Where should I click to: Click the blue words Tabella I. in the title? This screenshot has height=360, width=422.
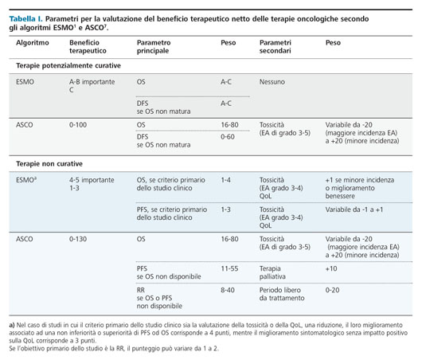point(25,19)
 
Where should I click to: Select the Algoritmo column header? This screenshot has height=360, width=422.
point(33,43)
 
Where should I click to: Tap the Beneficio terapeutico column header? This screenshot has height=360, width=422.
point(88,46)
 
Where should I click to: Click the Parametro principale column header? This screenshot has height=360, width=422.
point(154,46)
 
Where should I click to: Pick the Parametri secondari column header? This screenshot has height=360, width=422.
point(275,46)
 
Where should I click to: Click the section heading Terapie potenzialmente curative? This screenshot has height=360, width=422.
point(68,65)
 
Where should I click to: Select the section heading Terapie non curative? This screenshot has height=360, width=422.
point(49,164)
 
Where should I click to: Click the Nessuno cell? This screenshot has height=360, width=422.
point(272,82)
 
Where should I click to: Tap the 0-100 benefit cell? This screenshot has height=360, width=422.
point(78,125)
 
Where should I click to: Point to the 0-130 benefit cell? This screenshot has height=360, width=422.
point(78,239)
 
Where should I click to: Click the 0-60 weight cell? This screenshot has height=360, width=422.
point(228,137)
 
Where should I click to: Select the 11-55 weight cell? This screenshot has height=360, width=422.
point(229,268)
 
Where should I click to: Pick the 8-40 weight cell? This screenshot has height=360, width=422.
point(228,290)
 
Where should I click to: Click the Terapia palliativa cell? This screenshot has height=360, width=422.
point(272,272)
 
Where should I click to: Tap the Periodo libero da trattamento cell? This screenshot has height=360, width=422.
point(282,294)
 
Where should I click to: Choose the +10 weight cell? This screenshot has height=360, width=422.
point(331,268)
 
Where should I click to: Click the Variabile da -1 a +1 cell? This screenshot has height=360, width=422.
point(354,209)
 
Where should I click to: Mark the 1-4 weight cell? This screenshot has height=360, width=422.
point(225,180)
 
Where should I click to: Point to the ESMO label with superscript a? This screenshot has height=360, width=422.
point(26,180)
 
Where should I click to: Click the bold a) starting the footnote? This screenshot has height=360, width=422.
point(12,325)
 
